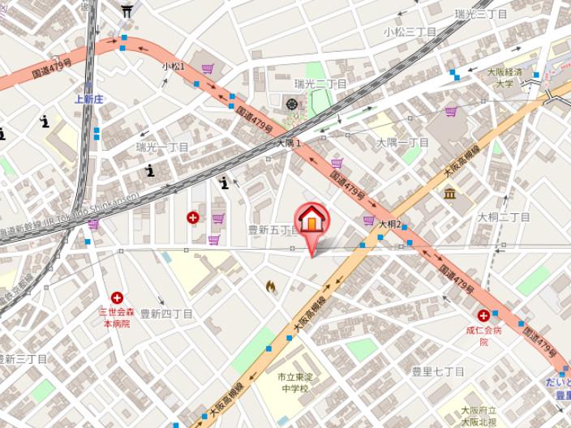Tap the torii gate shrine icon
(x=127, y=11)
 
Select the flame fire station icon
(x=270, y=286)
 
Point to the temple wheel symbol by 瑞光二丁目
(x=291, y=103)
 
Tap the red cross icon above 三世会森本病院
(x=118, y=298)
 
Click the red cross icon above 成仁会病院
(x=483, y=315)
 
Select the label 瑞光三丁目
(x=481, y=14)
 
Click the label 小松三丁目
(x=410, y=32)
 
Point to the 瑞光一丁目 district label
(x=162, y=148)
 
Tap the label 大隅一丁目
(x=403, y=143)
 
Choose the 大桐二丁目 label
(x=504, y=217)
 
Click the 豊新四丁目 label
(x=166, y=314)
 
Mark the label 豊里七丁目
(x=437, y=371)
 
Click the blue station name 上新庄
(x=89, y=99)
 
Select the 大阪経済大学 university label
(x=504, y=77)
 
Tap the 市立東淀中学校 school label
(x=293, y=383)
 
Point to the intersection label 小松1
(x=174, y=66)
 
